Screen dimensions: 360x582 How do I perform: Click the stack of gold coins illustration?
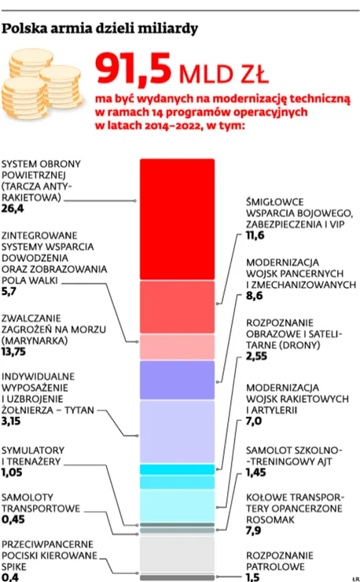[42, 83]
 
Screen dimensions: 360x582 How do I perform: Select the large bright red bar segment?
[177, 219]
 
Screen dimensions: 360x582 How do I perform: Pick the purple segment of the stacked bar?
[177, 380]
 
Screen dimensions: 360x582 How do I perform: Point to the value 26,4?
[13, 208]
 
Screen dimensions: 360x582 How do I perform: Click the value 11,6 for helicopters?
[255, 235]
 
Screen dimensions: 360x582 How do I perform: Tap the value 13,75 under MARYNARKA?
[13, 352]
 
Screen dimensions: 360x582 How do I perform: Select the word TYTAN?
[79, 410]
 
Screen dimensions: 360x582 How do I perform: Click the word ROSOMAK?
[270, 520]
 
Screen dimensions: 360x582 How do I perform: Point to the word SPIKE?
[13, 567]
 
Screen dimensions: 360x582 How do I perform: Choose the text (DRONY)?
[301, 345]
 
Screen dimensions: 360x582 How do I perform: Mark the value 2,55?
[256, 356]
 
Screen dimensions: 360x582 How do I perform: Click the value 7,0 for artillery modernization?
[254, 422]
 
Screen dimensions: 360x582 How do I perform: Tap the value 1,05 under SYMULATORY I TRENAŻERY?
[12, 473]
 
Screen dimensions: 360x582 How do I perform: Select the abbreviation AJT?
[323, 462]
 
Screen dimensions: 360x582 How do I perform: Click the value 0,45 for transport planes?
[13, 520]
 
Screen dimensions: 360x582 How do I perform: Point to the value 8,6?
[254, 296]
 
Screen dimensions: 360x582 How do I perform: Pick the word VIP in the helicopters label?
[336, 224]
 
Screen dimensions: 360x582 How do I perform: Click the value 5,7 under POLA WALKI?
[9, 292]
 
